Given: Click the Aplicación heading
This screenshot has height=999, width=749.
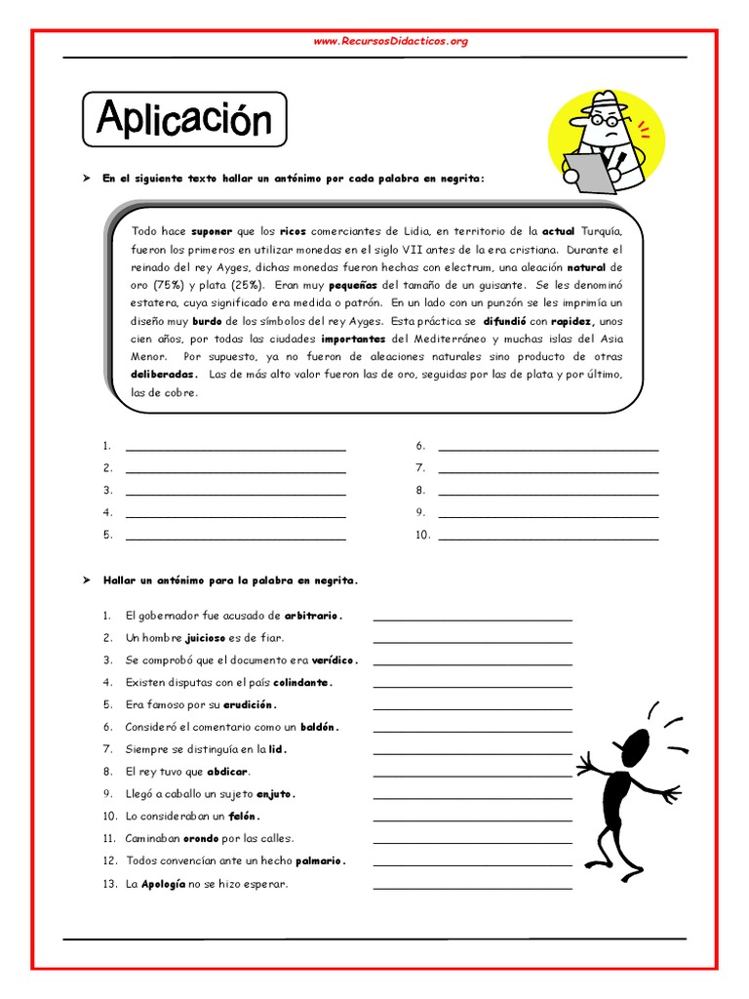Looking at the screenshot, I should pos(184,120).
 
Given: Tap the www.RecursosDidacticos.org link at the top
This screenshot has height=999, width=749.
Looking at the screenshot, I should pos(390,41).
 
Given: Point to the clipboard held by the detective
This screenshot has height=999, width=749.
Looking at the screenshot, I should pos(586,172).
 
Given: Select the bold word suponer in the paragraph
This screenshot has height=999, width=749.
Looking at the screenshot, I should pos(212,231).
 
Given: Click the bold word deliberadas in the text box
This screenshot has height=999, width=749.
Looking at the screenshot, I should pos(165,375).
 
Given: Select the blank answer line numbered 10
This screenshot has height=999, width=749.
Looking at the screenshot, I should pos(548,536).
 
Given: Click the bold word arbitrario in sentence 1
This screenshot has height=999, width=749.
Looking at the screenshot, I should pos(312,616).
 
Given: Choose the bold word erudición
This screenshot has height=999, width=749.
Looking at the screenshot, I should pos(250,704).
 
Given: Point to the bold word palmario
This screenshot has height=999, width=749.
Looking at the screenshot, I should pos(317,860).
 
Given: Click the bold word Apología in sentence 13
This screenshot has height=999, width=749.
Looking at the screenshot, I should pos(163,884).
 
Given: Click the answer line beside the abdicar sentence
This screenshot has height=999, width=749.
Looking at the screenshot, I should pos(472,774).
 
